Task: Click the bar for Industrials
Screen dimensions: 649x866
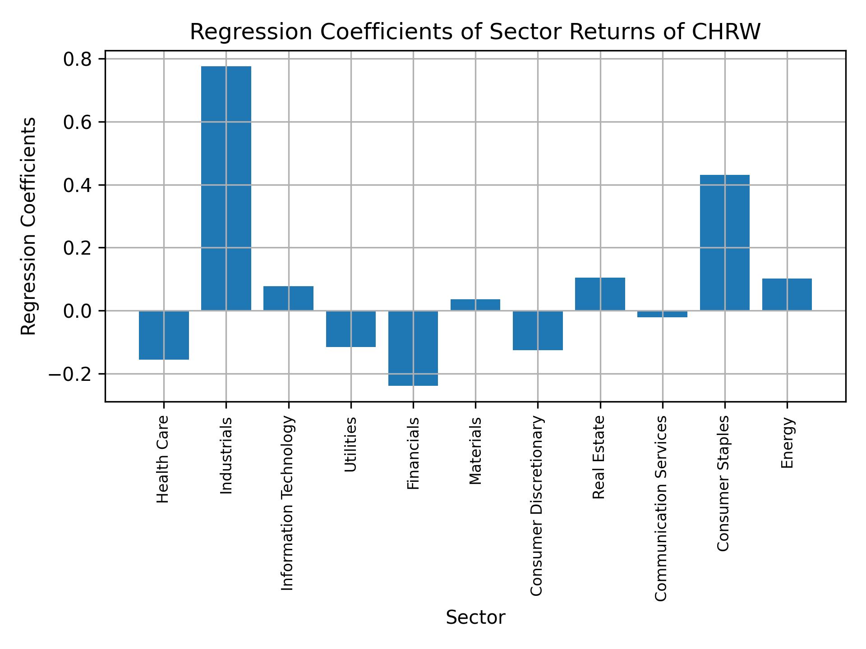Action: click(x=226, y=188)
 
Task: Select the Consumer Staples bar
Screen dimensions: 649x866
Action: click(x=724, y=242)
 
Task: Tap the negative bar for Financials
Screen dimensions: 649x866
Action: click(x=413, y=348)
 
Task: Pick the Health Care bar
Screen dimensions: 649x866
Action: click(x=164, y=335)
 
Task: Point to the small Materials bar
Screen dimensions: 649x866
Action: click(x=475, y=305)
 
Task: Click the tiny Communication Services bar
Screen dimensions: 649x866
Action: click(x=662, y=314)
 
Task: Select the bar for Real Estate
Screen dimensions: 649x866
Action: click(x=600, y=294)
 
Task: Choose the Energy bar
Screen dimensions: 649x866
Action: click(x=787, y=294)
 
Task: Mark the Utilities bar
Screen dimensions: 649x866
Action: click(x=351, y=329)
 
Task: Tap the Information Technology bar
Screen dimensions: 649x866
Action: click(x=288, y=298)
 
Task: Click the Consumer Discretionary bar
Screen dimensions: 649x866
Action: click(x=538, y=330)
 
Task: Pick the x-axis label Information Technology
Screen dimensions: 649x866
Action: click(x=287, y=503)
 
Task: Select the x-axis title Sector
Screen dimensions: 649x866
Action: click(x=475, y=617)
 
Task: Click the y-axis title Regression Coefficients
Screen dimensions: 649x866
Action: click(x=29, y=226)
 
